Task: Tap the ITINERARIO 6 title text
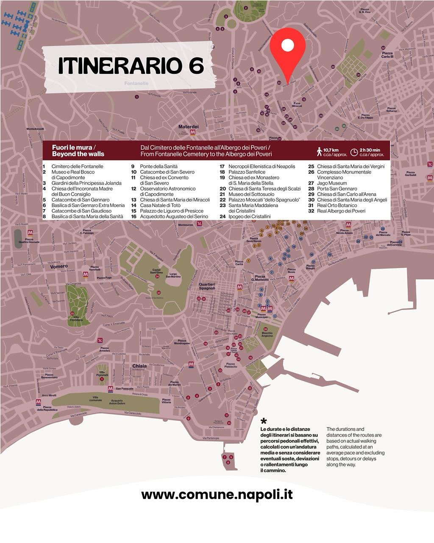pyautogui.click(x=131, y=66)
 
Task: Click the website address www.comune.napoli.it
pyautogui.click(x=217, y=495)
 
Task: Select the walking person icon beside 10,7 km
pyautogui.click(x=319, y=151)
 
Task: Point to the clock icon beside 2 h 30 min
pyautogui.click(x=354, y=152)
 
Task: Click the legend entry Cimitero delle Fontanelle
pyautogui.click(x=77, y=166)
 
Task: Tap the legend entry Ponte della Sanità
pyautogui.click(x=159, y=166)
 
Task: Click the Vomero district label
pyautogui.click(x=59, y=266)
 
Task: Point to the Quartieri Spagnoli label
pyautogui.click(x=207, y=286)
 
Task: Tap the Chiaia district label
pyautogui.click(x=139, y=366)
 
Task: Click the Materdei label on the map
pyautogui.click(x=188, y=127)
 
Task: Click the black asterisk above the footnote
pyautogui.click(x=264, y=421)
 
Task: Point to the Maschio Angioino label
pyautogui.click(x=267, y=334)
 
